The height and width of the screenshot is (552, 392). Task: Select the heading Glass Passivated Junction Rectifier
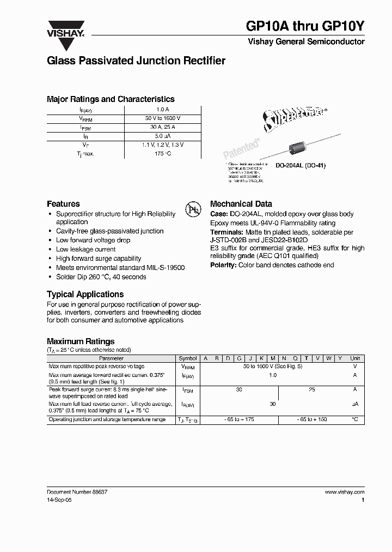(x=136, y=61)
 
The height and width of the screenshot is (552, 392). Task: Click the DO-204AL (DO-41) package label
(x=297, y=165)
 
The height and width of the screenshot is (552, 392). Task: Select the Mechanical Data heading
(x=241, y=203)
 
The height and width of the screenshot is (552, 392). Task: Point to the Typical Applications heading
(x=85, y=294)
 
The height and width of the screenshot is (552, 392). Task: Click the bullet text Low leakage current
(x=86, y=249)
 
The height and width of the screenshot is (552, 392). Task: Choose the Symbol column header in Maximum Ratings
(x=188, y=358)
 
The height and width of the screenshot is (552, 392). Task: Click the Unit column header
(x=354, y=358)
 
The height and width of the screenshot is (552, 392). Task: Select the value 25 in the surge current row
(x=311, y=390)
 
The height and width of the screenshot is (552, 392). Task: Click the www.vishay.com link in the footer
(x=344, y=492)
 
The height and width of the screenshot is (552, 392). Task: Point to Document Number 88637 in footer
(x=77, y=492)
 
